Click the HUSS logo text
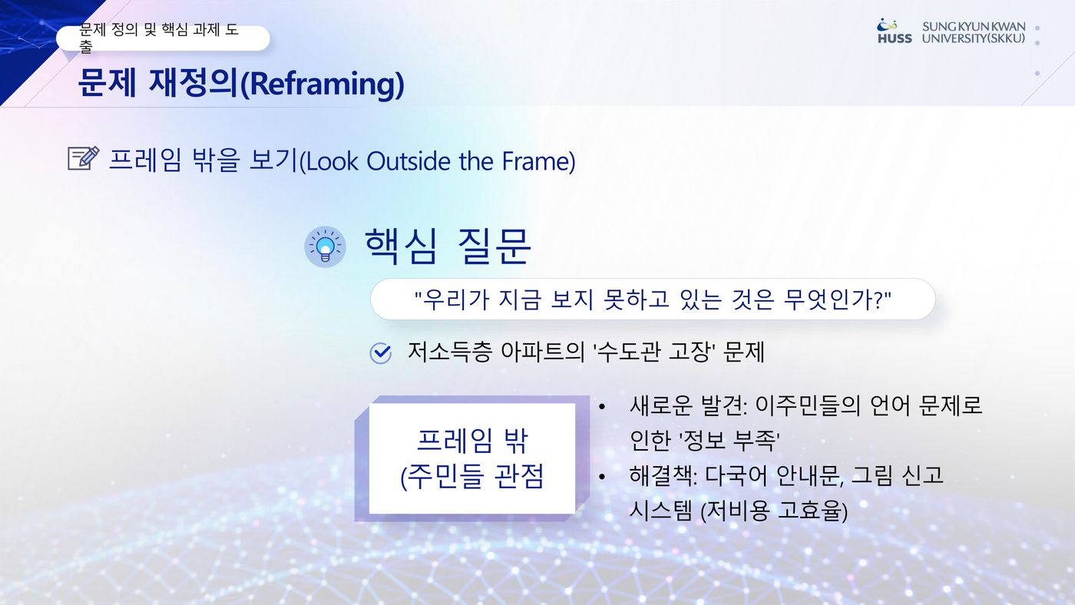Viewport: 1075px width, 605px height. coord(895,38)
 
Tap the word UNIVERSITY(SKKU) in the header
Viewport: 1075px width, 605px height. coord(974,38)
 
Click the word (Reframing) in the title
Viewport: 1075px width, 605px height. coord(322,84)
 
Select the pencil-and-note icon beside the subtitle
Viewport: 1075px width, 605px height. coord(84,158)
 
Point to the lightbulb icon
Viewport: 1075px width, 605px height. coord(325,246)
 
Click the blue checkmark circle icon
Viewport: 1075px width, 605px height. coord(381,353)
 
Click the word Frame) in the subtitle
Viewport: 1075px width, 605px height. coord(538,161)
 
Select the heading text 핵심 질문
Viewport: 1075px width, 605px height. coord(448,246)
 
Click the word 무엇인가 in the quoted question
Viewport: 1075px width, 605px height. coord(829,299)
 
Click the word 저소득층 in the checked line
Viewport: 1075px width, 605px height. coord(450,352)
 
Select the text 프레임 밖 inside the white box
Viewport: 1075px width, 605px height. coord(473,440)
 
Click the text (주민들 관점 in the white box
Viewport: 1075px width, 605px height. coord(472,477)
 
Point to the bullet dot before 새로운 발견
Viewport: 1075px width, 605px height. coord(602,408)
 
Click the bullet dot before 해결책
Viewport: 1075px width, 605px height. coord(602,477)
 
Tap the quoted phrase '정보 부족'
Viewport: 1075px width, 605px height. coord(705,440)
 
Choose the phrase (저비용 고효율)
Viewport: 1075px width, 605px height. coord(774,511)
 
